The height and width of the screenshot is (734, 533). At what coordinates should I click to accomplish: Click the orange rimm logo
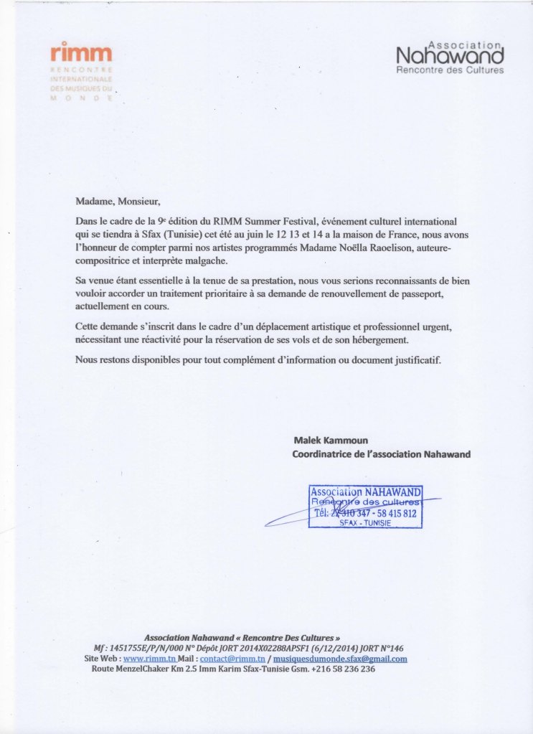point(82,53)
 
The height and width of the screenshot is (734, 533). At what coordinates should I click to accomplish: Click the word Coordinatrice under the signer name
point(324,454)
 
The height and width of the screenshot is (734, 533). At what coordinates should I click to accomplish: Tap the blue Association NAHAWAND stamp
point(365,507)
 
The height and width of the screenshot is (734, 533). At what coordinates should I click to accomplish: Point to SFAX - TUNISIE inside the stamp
point(365,523)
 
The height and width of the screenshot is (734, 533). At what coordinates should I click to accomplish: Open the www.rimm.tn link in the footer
point(150,659)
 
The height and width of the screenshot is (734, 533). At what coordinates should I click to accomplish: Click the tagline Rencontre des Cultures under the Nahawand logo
point(450,70)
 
